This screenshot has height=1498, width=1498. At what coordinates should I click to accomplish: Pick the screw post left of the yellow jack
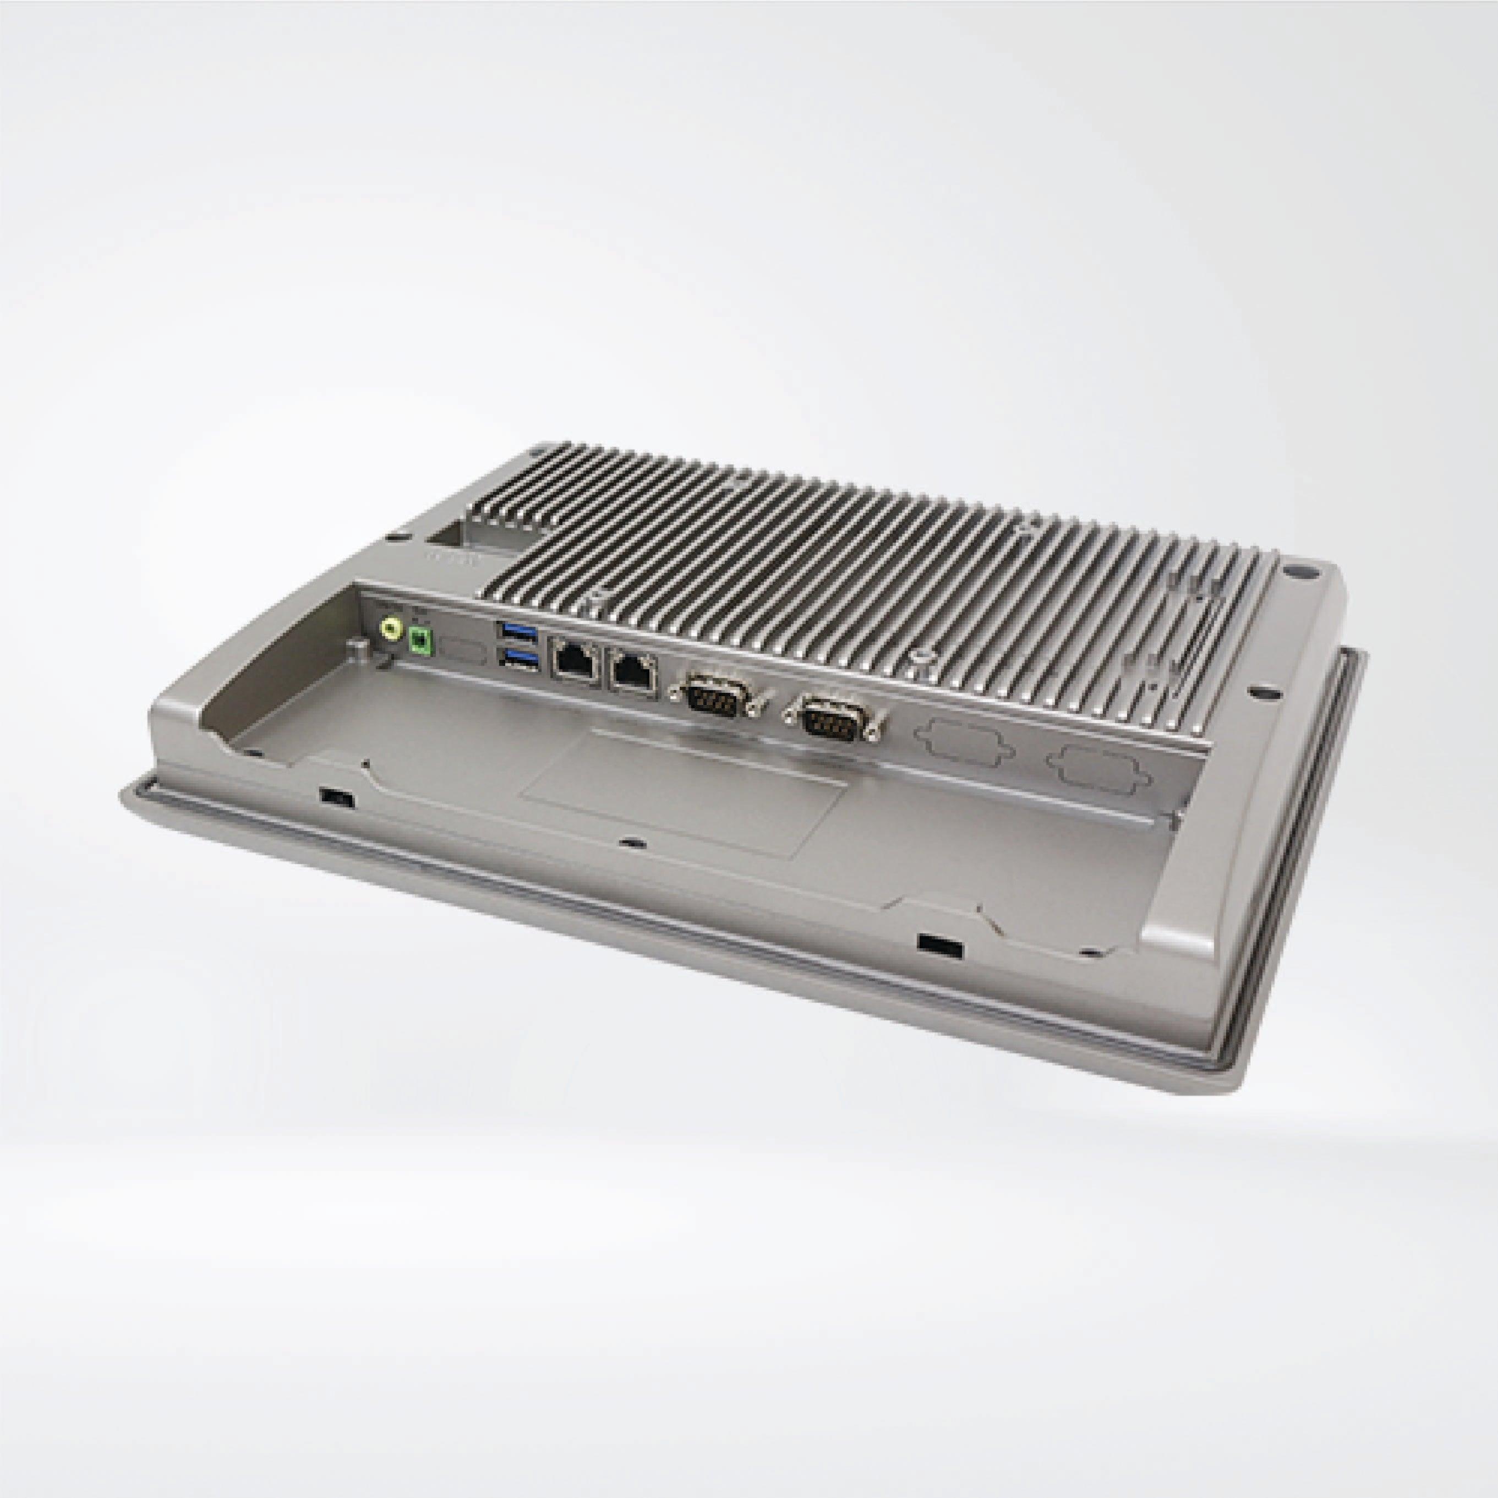358,647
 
